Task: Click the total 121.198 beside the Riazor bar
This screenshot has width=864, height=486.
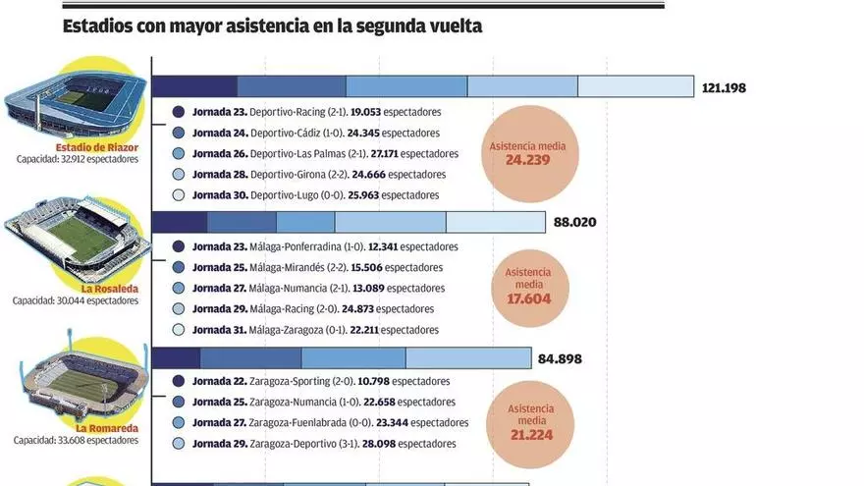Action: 724,88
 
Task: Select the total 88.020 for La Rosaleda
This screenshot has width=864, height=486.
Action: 574,222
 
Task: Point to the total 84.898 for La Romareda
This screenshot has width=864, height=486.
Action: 560,358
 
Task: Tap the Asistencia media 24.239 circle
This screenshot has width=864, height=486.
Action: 529,154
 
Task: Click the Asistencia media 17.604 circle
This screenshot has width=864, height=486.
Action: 529,288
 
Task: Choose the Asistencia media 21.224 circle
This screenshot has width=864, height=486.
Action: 530,424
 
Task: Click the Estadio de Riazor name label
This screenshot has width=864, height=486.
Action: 97,147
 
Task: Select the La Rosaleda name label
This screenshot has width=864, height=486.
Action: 110,289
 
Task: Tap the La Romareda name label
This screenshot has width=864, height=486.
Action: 107,429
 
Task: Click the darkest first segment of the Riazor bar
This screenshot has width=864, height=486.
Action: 194,86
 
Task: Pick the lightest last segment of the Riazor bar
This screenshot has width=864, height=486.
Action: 636,86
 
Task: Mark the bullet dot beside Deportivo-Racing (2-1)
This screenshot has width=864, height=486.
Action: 178,112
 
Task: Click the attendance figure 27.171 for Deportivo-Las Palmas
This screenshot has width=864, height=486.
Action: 384,154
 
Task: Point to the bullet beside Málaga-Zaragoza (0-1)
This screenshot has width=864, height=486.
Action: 178,330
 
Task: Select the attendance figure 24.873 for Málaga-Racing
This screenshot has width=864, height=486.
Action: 357,309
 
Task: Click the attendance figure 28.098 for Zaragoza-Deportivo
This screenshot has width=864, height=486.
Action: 379,444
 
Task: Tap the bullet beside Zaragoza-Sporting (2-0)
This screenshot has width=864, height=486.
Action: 178,381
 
